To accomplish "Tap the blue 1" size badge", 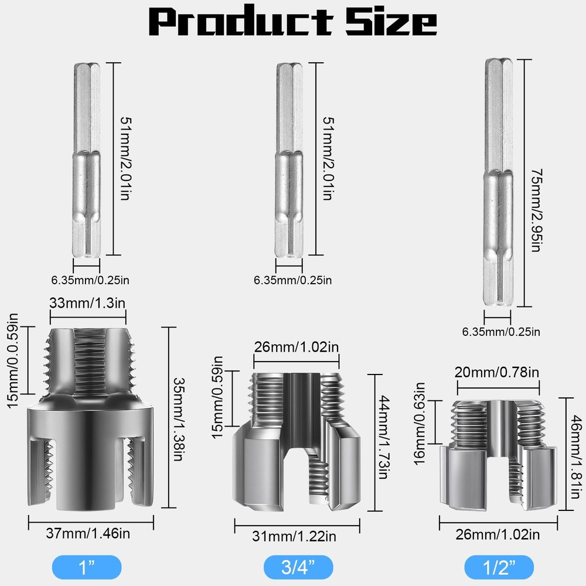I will tap(87, 567).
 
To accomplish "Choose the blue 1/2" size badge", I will tap(499, 567).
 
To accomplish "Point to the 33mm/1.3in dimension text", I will tap(88, 304).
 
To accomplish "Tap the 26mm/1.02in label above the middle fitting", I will tap(296, 346).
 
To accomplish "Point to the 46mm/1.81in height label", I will tap(578, 454).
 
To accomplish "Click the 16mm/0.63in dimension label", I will tap(420, 423).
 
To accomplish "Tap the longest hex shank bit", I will tap(498, 183).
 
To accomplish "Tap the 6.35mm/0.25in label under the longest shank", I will tap(501, 332).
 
